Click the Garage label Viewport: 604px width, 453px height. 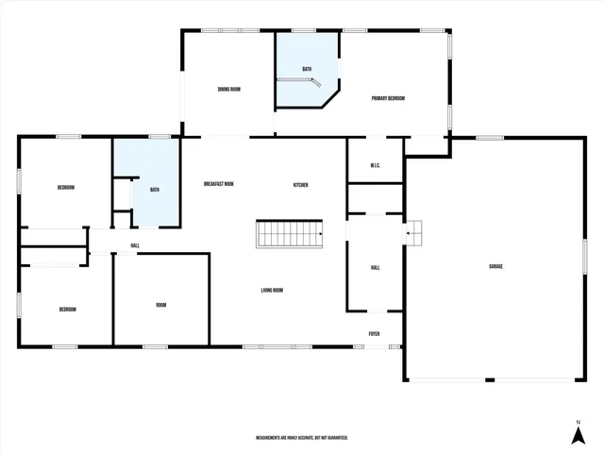pos(495,267)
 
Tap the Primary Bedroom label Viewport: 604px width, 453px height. pos(388,98)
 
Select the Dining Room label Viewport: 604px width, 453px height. pos(229,90)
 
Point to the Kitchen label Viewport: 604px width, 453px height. pos(300,185)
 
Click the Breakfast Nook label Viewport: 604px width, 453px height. pos(219,184)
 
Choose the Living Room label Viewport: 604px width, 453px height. pos(272,290)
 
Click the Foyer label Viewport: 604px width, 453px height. pos(375,333)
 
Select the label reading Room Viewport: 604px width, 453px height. pos(161,304)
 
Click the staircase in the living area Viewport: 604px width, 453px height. pos(289,234)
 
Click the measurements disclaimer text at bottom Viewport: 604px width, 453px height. pos(302,438)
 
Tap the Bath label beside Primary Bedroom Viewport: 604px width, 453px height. pos(307,69)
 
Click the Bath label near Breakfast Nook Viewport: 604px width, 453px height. pos(155,190)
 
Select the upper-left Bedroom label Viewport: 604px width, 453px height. pos(66,188)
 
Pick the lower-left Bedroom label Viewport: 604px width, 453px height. pos(67,310)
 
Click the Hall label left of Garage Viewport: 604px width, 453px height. pos(375,268)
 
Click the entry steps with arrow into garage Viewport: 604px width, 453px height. pos(413,233)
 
